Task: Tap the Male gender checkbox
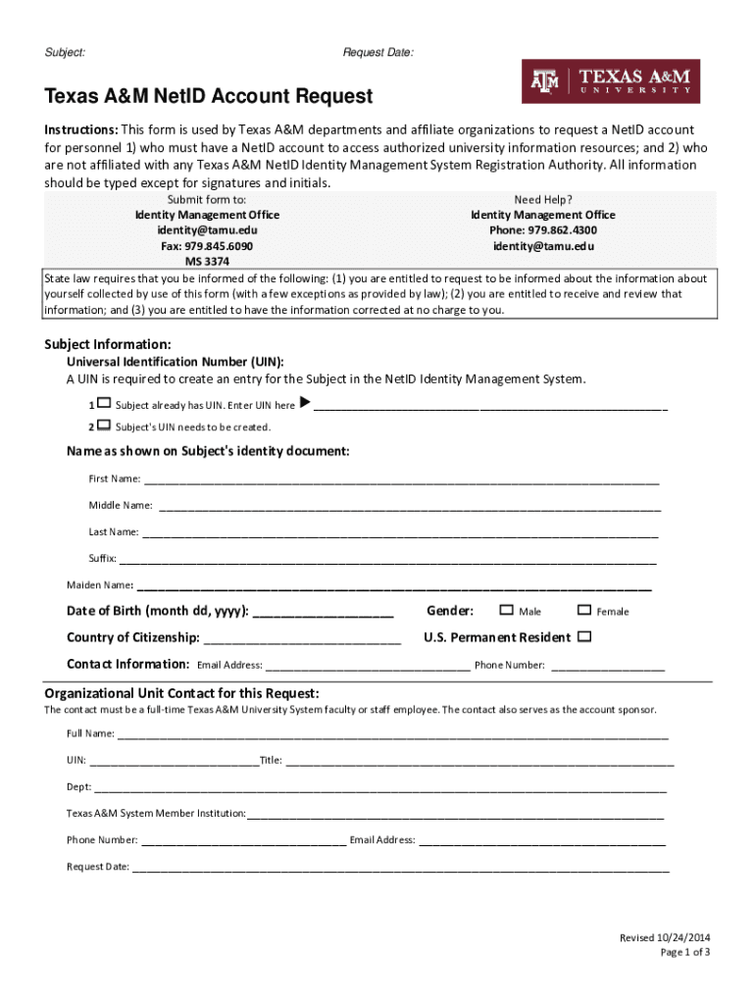click(506, 610)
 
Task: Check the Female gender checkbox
click(584, 610)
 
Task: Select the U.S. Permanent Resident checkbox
click(584, 636)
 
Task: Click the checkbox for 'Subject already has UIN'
click(104, 404)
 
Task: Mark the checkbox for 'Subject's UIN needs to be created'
click(104, 426)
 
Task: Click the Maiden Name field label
click(99, 585)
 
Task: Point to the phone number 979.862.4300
click(542, 230)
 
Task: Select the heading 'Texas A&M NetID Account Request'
click(209, 96)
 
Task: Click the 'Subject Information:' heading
click(109, 344)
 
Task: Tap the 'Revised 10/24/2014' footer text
click(664, 938)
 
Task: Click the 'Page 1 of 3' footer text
click(684, 952)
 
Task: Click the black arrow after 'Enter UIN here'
click(304, 403)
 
